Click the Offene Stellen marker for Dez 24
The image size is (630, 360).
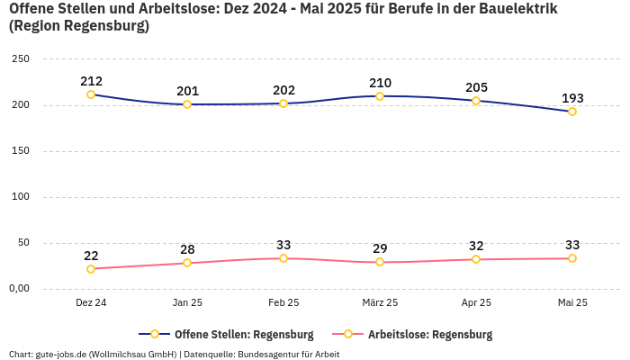pos(91,94)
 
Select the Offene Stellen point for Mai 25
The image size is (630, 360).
pos(571,112)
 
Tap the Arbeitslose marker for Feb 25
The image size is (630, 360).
pos(283,258)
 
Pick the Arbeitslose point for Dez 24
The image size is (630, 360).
pos(91,269)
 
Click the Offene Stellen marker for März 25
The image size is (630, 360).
pos(380,96)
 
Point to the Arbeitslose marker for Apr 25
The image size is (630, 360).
pos(476,259)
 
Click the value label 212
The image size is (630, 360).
pos(91,81)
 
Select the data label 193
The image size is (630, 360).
pos(572,98)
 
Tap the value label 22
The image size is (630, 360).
pos(91,256)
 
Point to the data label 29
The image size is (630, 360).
pos(380,248)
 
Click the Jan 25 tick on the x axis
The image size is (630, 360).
pos(187,303)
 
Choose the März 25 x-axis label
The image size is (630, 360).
pos(380,303)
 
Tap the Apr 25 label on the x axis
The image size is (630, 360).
pos(476,303)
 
